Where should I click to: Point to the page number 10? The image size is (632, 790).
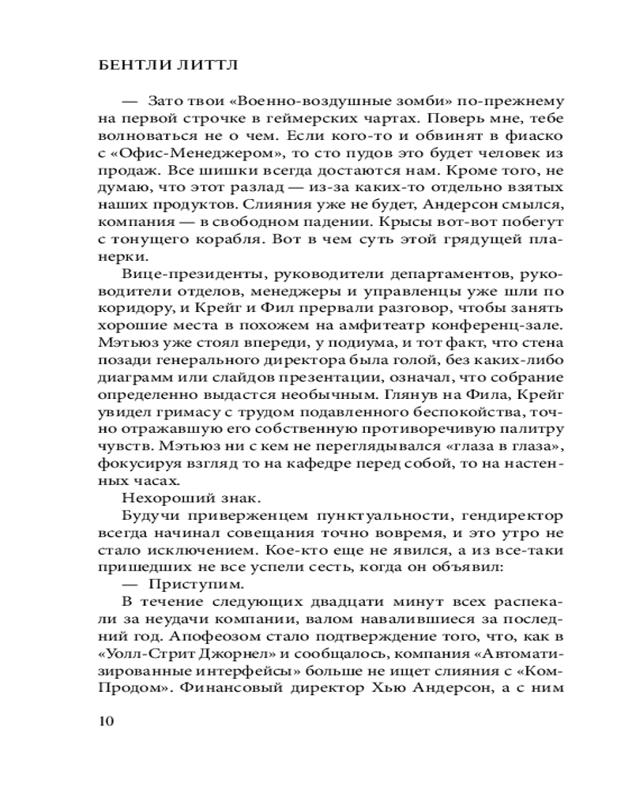click(104, 720)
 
